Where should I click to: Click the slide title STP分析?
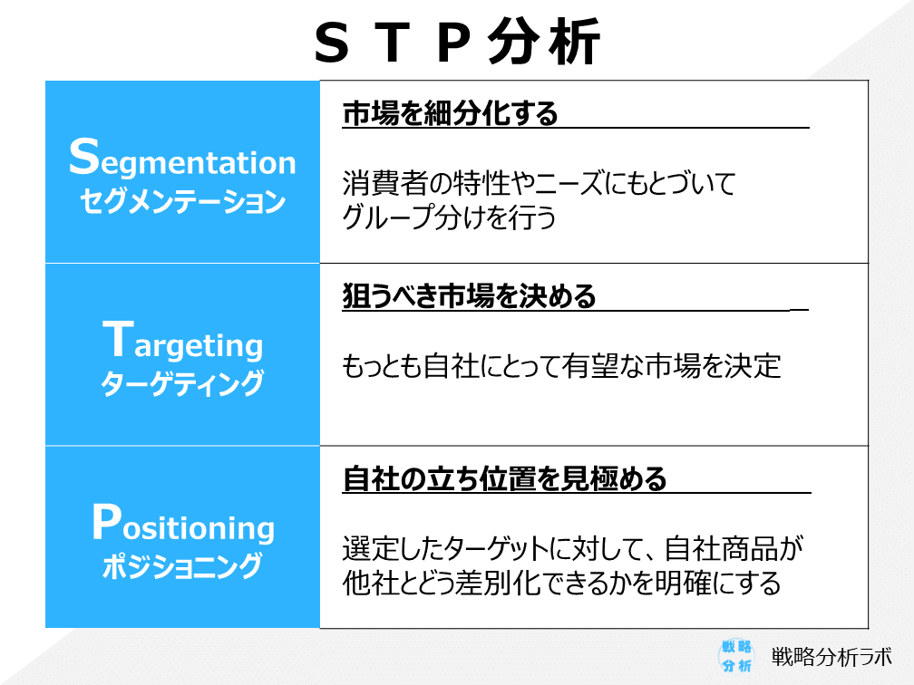click(457, 42)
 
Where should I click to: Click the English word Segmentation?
click(182, 159)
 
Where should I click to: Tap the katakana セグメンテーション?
click(182, 201)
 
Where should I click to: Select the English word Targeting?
click(182, 342)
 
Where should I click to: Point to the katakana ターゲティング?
click(182, 383)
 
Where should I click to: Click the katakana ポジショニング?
click(182, 565)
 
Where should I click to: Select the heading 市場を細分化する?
click(450, 113)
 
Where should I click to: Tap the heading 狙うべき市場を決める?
click(469, 296)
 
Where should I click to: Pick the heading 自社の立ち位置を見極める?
click(504, 478)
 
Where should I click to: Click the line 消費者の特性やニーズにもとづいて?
click(539, 183)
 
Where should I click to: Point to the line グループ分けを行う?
click(449, 217)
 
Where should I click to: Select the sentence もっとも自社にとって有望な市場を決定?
click(561, 366)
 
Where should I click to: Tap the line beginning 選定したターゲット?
click(573, 549)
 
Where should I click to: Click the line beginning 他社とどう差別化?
click(561, 584)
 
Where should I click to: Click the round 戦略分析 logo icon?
click(736, 656)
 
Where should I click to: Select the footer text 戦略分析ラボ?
click(831, 657)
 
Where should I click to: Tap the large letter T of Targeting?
click(118, 339)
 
